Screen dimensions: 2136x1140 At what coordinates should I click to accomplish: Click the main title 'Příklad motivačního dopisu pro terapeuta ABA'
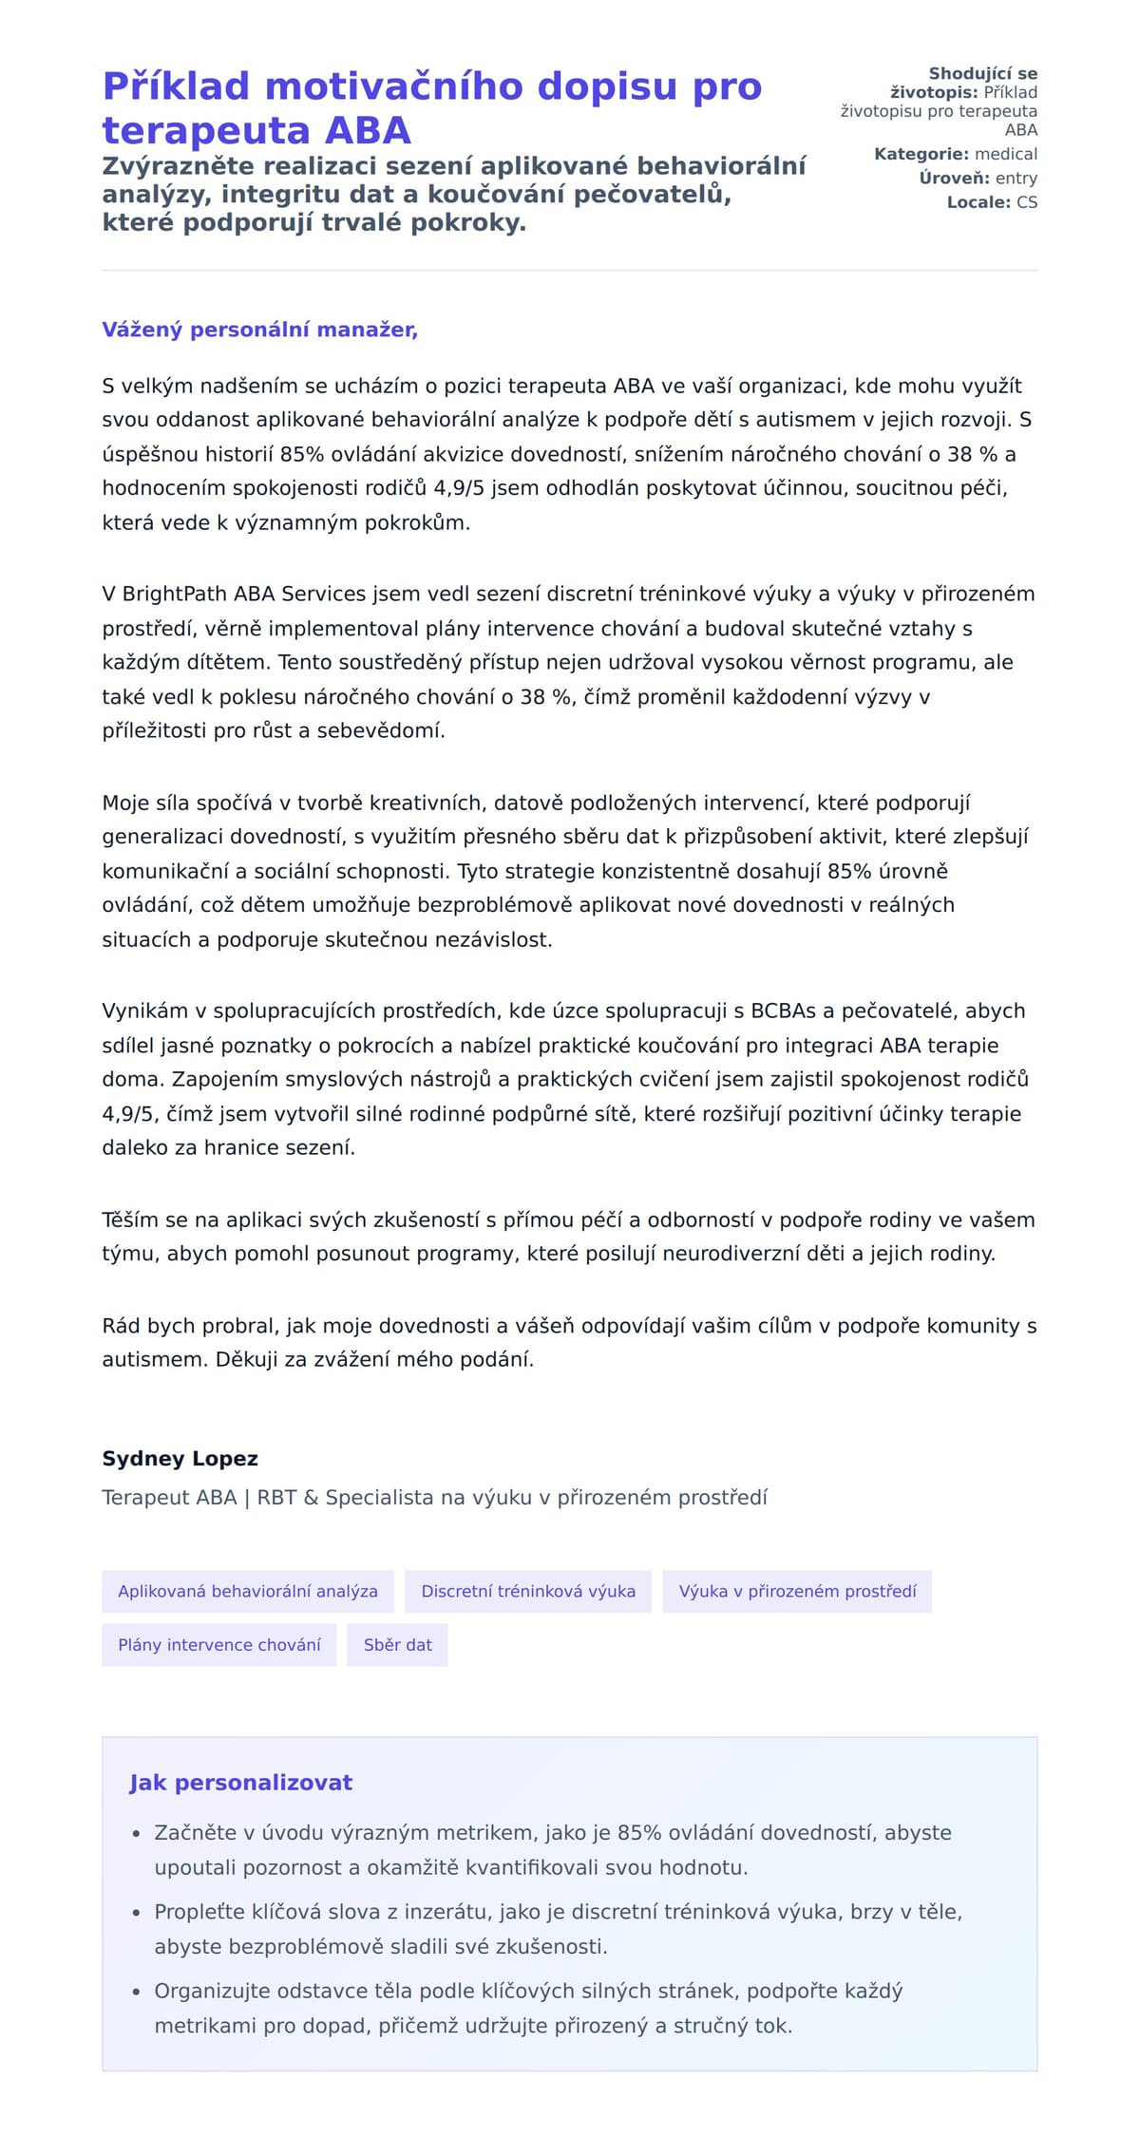(x=431, y=107)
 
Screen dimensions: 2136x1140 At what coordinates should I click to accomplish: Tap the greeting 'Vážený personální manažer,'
(x=259, y=330)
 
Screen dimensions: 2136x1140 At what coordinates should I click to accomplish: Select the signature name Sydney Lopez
(x=180, y=1458)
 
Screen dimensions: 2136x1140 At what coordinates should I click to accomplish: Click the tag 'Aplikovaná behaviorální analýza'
(x=247, y=1591)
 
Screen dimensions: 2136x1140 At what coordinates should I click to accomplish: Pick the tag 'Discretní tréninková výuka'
(x=528, y=1591)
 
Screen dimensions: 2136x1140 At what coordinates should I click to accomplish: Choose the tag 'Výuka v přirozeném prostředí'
(x=797, y=1591)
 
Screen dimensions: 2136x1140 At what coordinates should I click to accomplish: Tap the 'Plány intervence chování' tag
(x=218, y=1644)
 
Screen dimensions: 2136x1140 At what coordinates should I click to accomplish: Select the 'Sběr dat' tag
(x=397, y=1644)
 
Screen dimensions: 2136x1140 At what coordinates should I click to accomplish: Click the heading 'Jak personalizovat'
(x=240, y=1782)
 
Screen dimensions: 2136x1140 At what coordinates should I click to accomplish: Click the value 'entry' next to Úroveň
(x=1016, y=178)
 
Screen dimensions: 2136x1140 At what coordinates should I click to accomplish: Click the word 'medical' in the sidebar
(x=1006, y=154)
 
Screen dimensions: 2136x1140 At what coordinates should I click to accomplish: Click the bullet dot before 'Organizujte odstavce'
(x=136, y=1992)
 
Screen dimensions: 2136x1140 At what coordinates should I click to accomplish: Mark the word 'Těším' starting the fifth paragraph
(x=129, y=1219)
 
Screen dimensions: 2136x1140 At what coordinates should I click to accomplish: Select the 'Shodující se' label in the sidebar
(x=982, y=73)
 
